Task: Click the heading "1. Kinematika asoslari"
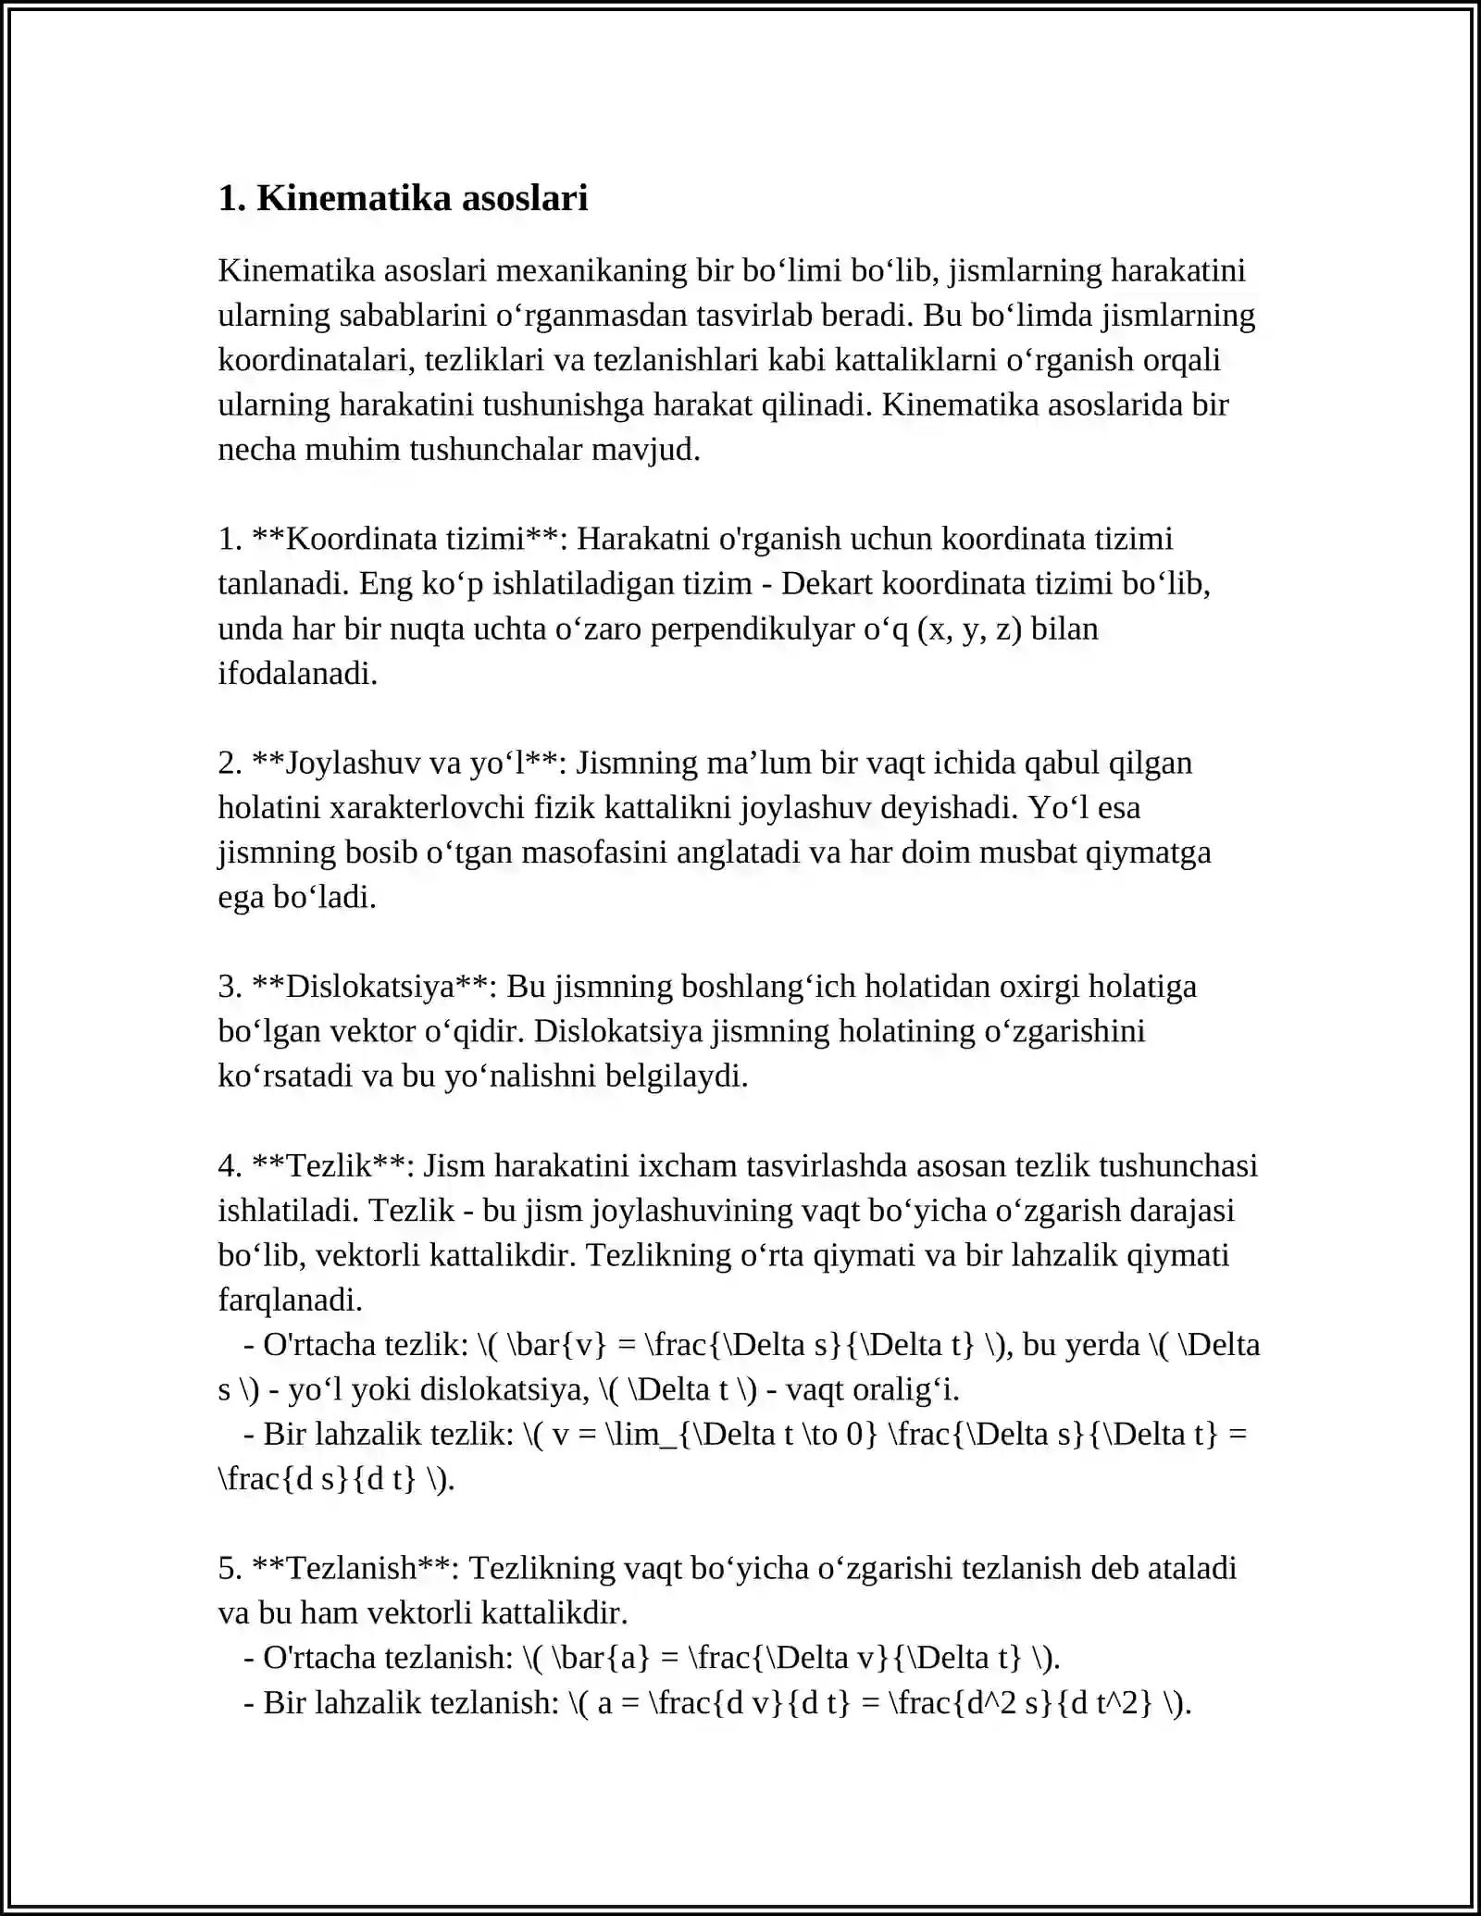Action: (403, 198)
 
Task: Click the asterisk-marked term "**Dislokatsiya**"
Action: (375, 986)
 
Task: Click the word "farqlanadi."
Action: (291, 1300)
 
